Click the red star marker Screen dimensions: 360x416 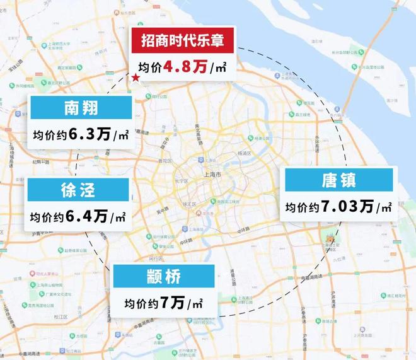[x=135, y=78]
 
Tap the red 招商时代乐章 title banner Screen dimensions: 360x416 [x=182, y=42]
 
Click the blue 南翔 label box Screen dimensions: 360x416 [x=81, y=109]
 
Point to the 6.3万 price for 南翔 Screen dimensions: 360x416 [x=94, y=134]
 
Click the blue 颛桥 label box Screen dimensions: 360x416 [x=164, y=276]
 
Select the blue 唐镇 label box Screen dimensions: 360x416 [x=339, y=180]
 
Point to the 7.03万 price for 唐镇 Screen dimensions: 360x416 [x=353, y=207]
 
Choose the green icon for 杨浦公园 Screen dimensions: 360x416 [x=253, y=138]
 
